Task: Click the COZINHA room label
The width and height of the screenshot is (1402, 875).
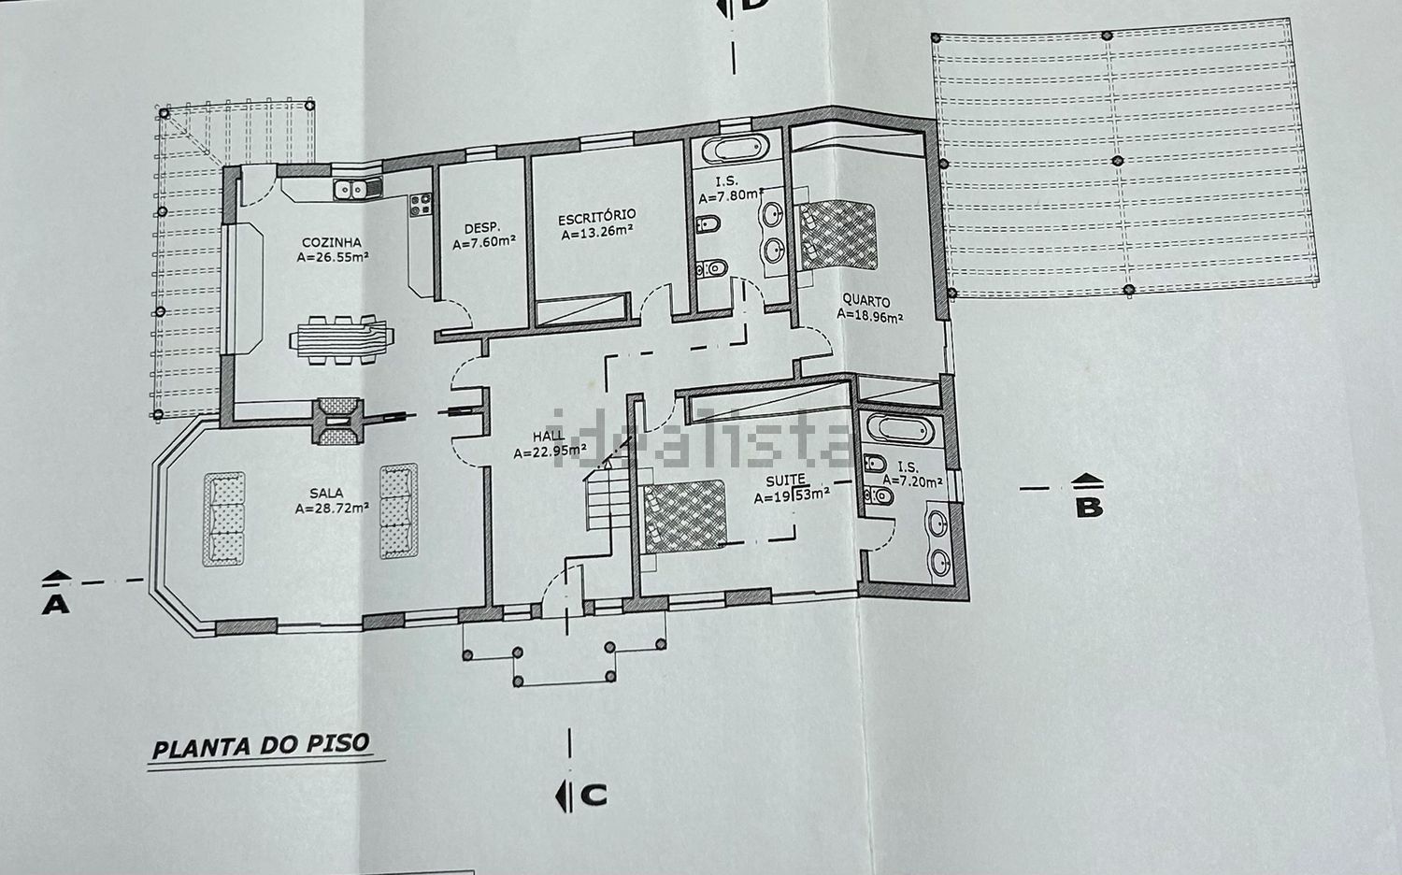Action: [x=332, y=243]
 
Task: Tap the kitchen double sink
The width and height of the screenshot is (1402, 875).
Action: [x=357, y=188]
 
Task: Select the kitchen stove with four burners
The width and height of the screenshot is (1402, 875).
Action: [x=421, y=204]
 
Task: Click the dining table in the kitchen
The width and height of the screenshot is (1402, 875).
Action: [x=342, y=340]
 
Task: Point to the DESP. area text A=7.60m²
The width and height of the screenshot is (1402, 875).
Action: [x=484, y=242]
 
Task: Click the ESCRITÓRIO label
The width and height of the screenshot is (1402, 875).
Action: [x=596, y=217]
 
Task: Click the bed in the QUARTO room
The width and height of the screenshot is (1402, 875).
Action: [x=838, y=235]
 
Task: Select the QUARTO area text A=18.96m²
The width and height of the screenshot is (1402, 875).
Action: [x=869, y=316]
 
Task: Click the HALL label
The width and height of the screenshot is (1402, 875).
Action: [x=548, y=437]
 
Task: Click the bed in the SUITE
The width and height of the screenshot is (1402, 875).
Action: [x=685, y=517]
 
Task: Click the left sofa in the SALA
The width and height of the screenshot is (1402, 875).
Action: [x=223, y=519]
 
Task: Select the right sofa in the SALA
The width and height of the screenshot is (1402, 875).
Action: [x=399, y=510]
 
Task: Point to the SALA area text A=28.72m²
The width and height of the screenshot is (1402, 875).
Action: [x=332, y=509]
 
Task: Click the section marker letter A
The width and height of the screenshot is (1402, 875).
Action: [x=55, y=605]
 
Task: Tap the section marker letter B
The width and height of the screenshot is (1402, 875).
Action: [x=1089, y=508]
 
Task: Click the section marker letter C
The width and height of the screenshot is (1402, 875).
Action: [x=594, y=796]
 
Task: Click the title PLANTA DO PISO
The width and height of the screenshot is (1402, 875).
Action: [x=261, y=745]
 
